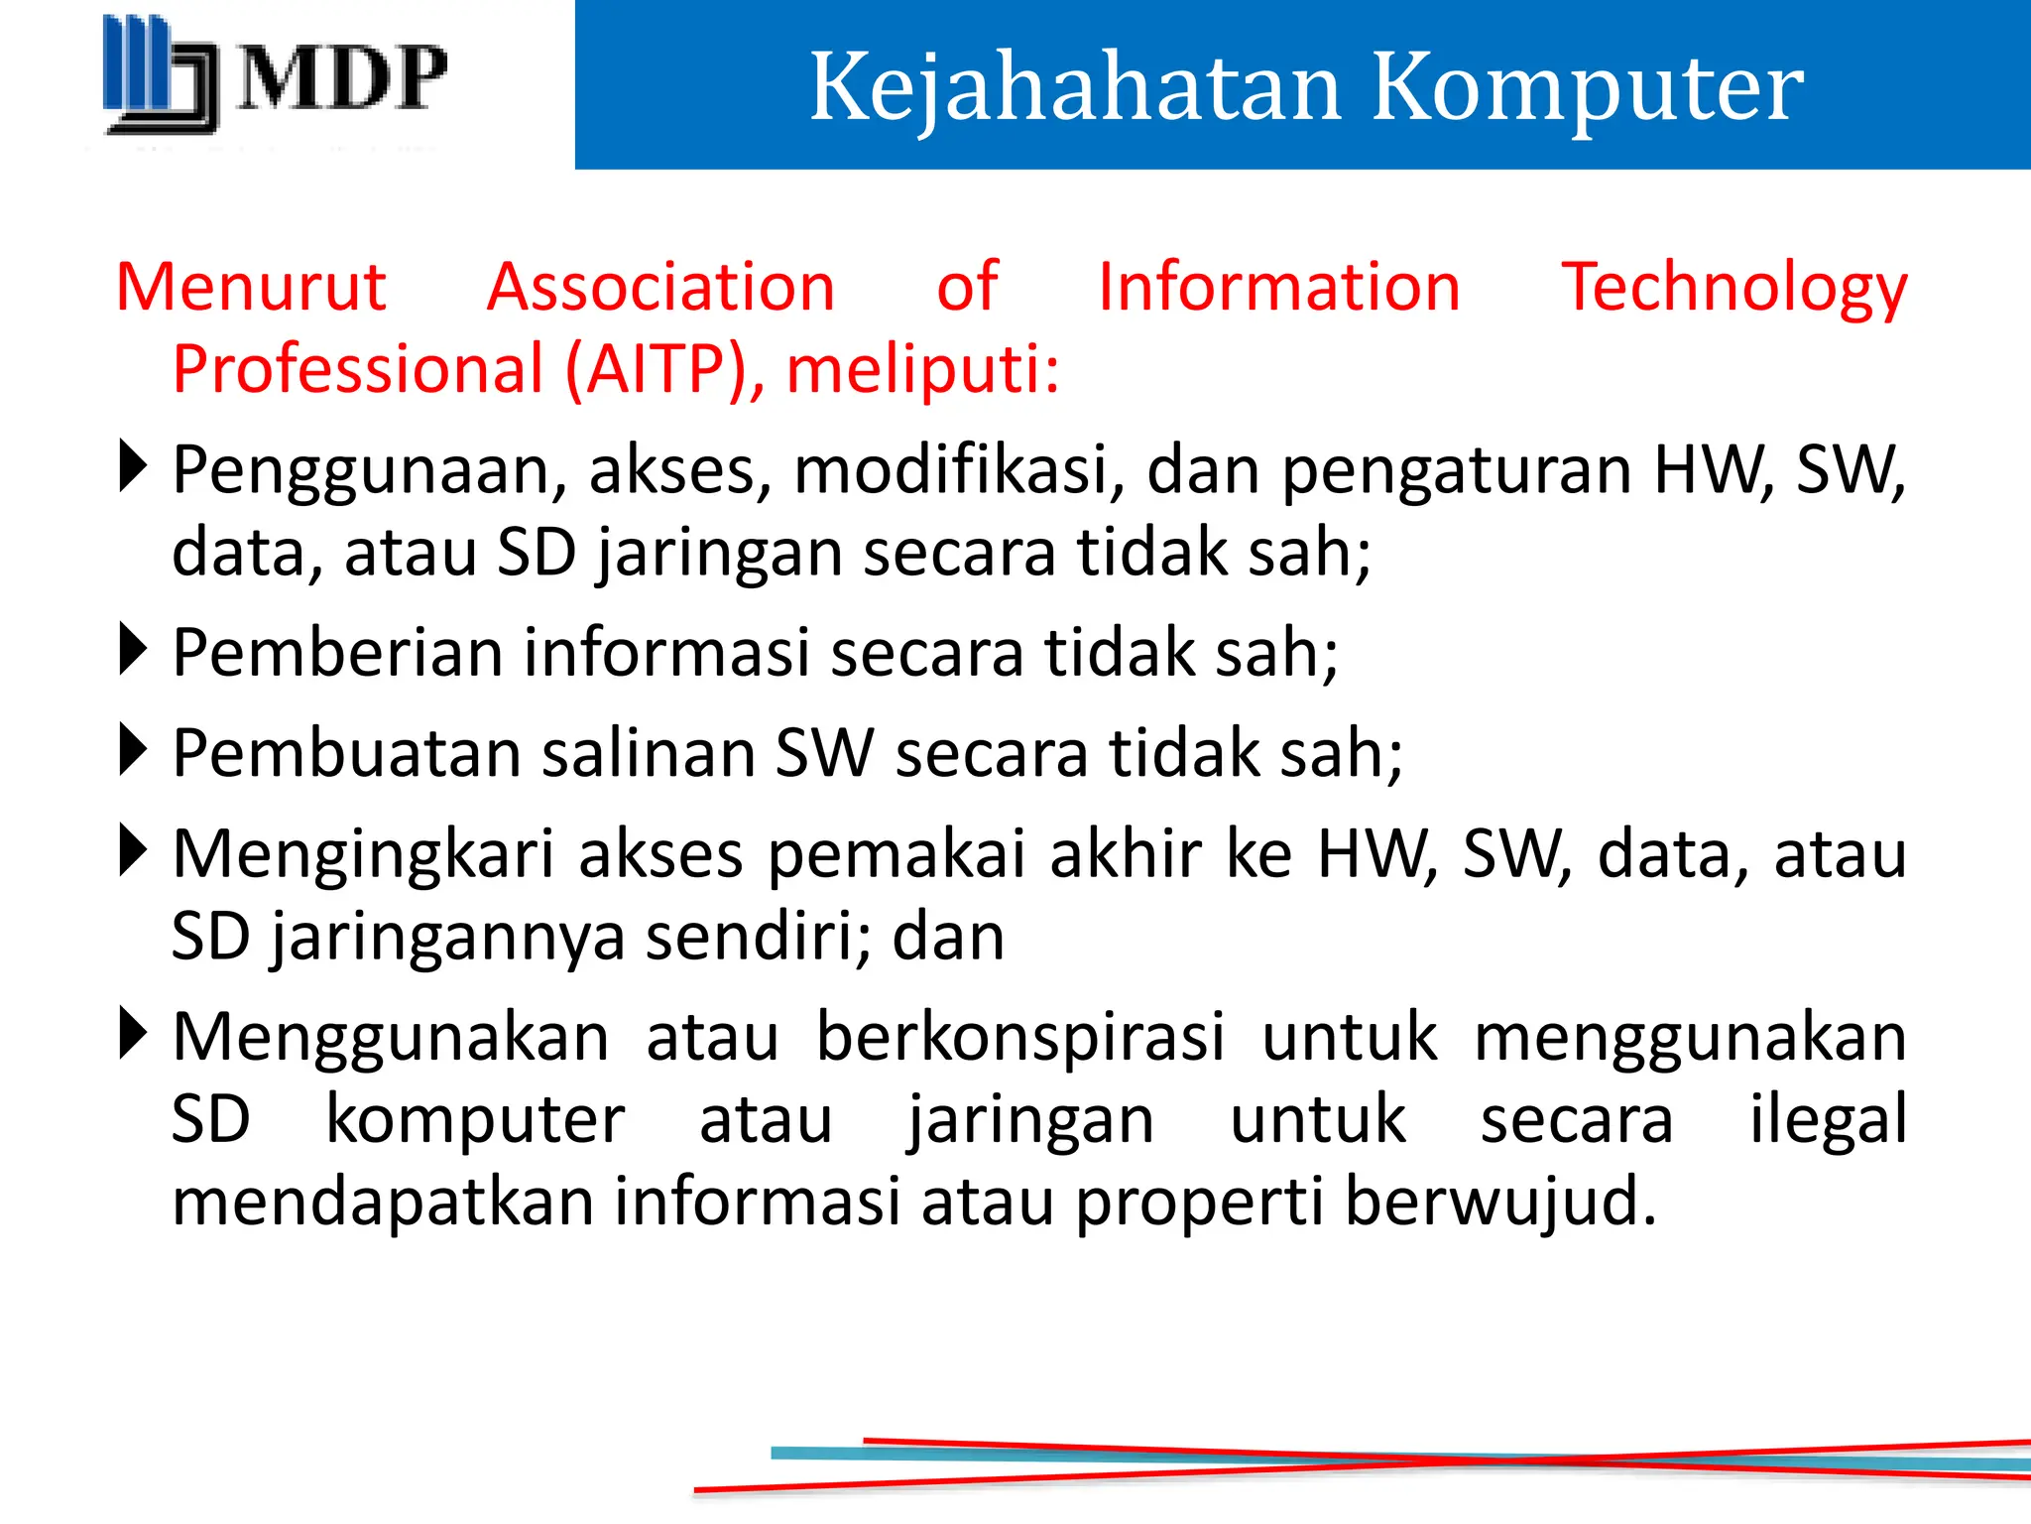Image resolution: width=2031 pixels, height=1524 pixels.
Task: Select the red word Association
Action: [660, 288]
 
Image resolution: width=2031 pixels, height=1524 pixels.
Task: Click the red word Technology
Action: [1733, 288]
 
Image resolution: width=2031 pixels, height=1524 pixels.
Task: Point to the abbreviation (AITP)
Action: [657, 369]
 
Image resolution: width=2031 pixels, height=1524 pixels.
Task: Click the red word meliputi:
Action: [922, 369]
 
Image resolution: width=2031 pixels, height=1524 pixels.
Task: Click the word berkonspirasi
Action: [1020, 1038]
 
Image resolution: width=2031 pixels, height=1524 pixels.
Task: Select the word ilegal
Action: [1828, 1120]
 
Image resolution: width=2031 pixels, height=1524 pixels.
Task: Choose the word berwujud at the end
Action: [1499, 1202]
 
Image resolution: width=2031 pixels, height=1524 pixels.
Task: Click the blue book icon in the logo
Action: [159, 74]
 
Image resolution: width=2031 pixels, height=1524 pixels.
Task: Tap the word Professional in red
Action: [357, 369]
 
